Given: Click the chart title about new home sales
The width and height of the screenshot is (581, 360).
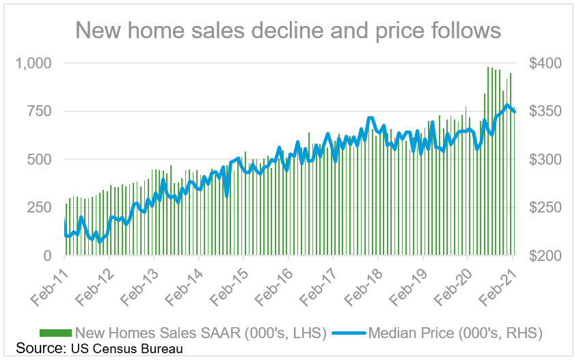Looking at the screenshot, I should [288, 31].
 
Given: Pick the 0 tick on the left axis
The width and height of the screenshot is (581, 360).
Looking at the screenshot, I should [47, 255].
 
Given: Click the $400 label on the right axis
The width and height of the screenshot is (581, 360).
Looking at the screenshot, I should [545, 63].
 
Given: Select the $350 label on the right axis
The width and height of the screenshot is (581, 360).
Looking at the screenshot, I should [545, 111].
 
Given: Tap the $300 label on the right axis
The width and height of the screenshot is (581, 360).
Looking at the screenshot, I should [545, 159].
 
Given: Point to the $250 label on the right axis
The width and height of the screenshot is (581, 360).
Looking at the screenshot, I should [545, 208].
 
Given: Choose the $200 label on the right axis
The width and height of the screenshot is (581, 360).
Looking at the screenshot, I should [545, 255].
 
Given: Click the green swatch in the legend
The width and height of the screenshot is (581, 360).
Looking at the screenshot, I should [55, 333].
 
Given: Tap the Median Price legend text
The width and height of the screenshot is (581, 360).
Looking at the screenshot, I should [455, 333].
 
